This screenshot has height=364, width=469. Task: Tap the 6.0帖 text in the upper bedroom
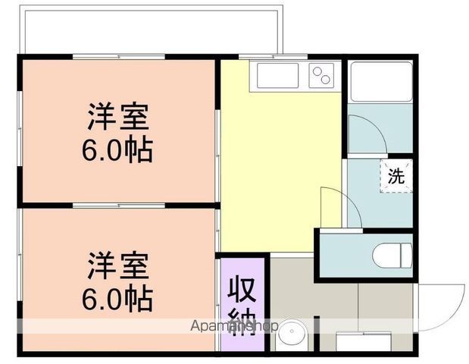[x=117, y=150]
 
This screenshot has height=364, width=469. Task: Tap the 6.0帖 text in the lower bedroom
[x=117, y=298]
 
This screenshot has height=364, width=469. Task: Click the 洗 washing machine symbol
[x=396, y=176]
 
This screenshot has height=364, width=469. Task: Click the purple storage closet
[x=242, y=303]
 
